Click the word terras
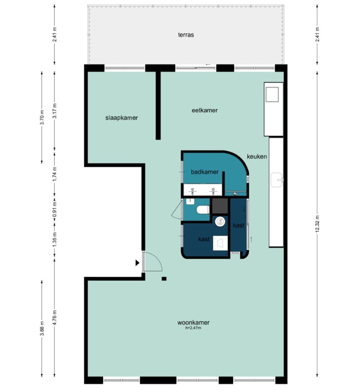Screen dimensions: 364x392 coord(186,35)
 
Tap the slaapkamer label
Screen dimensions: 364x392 coord(121,118)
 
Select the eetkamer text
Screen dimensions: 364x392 coord(204,110)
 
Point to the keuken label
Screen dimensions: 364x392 coord(257,157)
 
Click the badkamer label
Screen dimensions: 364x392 coord(204,172)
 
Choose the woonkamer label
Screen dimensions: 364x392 coord(193,322)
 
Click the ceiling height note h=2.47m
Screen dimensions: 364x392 coord(193,328)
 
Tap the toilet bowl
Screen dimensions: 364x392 coord(203,209)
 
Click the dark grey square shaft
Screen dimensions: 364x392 coord(220,206)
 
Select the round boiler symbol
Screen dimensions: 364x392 coord(220,222)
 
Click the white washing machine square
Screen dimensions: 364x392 coord(220,243)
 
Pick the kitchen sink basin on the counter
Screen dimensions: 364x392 coord(277,180)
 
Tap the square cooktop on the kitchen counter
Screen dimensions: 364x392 coord(272,95)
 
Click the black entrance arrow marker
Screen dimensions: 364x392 coord(137,263)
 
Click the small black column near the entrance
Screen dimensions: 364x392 coord(164,279)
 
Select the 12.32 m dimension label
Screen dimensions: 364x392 coord(318,224)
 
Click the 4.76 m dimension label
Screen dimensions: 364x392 coord(55,317)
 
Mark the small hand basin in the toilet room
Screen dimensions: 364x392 coord(190,201)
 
